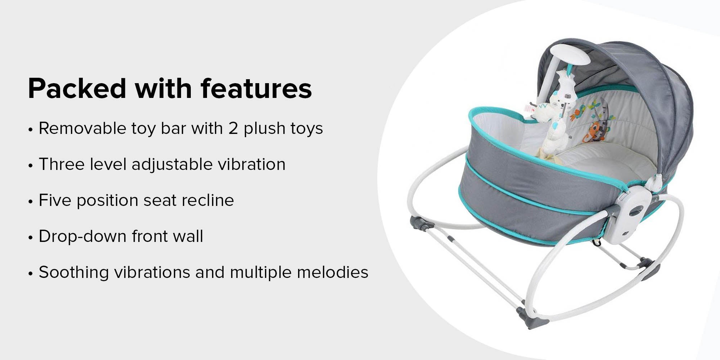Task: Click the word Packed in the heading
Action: [77, 88]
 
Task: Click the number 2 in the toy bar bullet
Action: [233, 129]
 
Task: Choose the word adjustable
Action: [172, 165]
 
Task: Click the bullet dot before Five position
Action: [31, 202]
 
